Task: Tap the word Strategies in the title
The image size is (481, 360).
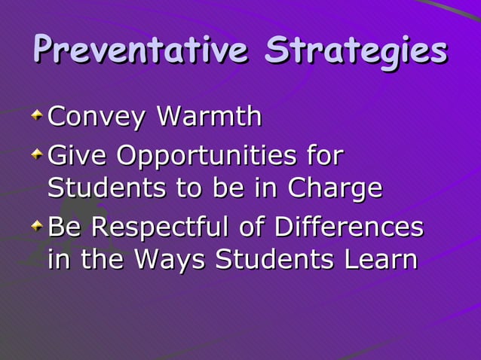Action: (x=356, y=51)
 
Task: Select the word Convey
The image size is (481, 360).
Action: (x=96, y=117)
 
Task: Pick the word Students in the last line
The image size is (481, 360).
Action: (x=276, y=259)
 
